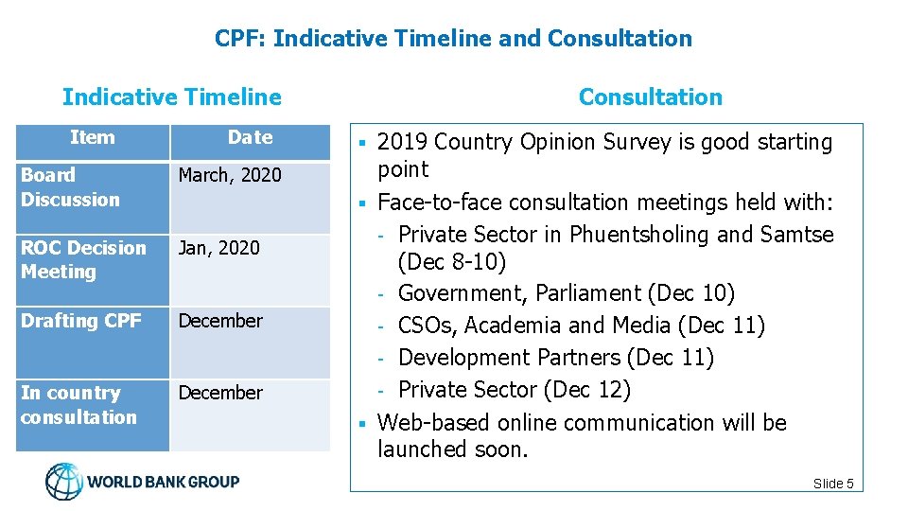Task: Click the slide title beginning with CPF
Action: (453, 39)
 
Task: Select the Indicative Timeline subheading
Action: (171, 97)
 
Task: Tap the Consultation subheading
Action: (650, 97)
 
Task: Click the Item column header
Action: (92, 138)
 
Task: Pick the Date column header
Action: (250, 138)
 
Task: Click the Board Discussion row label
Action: (71, 187)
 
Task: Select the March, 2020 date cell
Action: (230, 175)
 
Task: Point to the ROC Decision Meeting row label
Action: (83, 259)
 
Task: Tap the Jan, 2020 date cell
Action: (218, 248)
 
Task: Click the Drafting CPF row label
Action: (80, 321)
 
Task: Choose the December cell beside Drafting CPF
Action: (220, 321)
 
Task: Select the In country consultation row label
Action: (79, 405)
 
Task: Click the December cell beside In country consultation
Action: (220, 393)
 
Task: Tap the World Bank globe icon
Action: (64, 482)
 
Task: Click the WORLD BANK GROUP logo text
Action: (164, 482)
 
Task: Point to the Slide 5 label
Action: (832, 484)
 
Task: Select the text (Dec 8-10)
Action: (453, 261)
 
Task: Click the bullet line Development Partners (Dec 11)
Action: (555, 358)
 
